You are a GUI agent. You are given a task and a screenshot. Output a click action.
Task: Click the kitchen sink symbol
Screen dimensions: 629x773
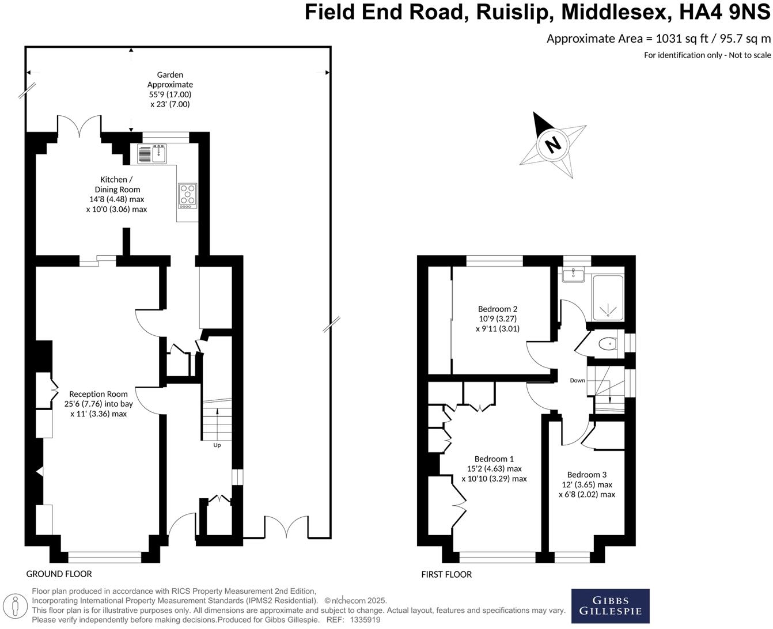pyautogui.click(x=152, y=154)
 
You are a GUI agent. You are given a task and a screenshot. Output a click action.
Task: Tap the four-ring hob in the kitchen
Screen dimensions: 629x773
pyautogui.click(x=188, y=195)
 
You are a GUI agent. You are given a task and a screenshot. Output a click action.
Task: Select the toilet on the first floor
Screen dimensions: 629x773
pyautogui.click(x=607, y=344)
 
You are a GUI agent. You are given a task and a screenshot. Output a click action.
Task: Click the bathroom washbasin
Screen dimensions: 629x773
pyautogui.click(x=573, y=275)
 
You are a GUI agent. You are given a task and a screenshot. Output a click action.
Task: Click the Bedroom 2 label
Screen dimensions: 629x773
pyautogui.click(x=498, y=309)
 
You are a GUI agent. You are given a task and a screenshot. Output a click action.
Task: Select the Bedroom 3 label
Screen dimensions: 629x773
pyautogui.click(x=586, y=475)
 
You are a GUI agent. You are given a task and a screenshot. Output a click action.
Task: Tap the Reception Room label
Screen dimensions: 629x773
pyautogui.click(x=98, y=394)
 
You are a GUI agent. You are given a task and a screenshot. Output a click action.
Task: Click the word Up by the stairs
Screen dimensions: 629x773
pyautogui.click(x=217, y=445)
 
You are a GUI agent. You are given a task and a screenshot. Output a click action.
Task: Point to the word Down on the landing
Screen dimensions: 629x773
pyautogui.click(x=577, y=380)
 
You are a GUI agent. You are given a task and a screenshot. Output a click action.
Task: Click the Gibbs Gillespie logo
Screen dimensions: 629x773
pyautogui.click(x=610, y=606)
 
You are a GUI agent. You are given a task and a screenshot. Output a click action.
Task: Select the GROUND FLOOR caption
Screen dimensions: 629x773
pyautogui.click(x=59, y=574)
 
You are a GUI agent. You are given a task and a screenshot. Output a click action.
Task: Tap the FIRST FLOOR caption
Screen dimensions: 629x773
pyautogui.click(x=446, y=574)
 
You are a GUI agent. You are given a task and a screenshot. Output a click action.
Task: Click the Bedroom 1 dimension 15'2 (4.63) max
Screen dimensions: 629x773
pyautogui.click(x=494, y=469)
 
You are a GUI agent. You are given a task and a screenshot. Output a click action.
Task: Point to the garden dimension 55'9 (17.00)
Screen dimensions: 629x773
pyautogui.click(x=170, y=94)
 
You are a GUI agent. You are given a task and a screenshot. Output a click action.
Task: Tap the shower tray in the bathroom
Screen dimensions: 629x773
pyautogui.click(x=608, y=298)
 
